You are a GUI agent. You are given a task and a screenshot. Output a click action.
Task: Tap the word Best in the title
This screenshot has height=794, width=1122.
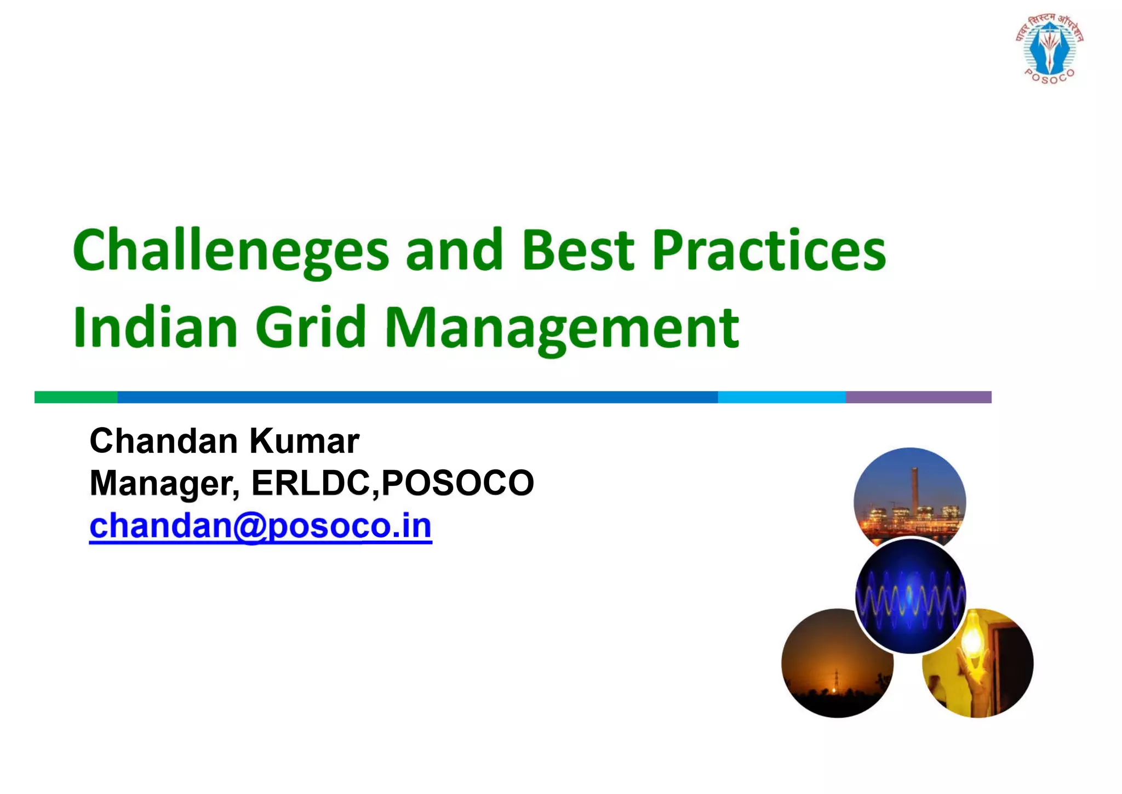pyautogui.click(x=578, y=251)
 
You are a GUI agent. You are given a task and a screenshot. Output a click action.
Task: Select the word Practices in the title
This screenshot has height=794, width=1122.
pyautogui.click(x=768, y=251)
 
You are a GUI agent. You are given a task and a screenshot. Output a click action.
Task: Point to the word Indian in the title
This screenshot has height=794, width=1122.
pyautogui.click(x=156, y=327)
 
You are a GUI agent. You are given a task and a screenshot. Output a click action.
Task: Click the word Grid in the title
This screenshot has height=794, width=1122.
pyautogui.click(x=310, y=327)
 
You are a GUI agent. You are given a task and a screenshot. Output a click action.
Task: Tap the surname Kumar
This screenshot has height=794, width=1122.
pyautogui.click(x=305, y=441)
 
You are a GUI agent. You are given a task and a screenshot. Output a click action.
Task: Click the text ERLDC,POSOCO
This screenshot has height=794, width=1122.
pyautogui.click(x=392, y=483)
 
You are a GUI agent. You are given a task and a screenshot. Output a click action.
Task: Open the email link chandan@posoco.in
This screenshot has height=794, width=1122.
pyautogui.click(x=261, y=526)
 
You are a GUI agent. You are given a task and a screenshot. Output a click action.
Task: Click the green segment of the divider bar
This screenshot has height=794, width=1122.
pyautogui.click(x=76, y=397)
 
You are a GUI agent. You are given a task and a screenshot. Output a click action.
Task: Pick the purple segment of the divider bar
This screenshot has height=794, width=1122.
pyautogui.click(x=918, y=397)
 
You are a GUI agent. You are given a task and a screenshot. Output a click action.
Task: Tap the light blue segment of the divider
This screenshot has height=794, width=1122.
pyautogui.click(x=781, y=397)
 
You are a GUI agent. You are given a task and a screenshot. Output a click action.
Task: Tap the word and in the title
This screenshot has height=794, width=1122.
pyautogui.click(x=454, y=251)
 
